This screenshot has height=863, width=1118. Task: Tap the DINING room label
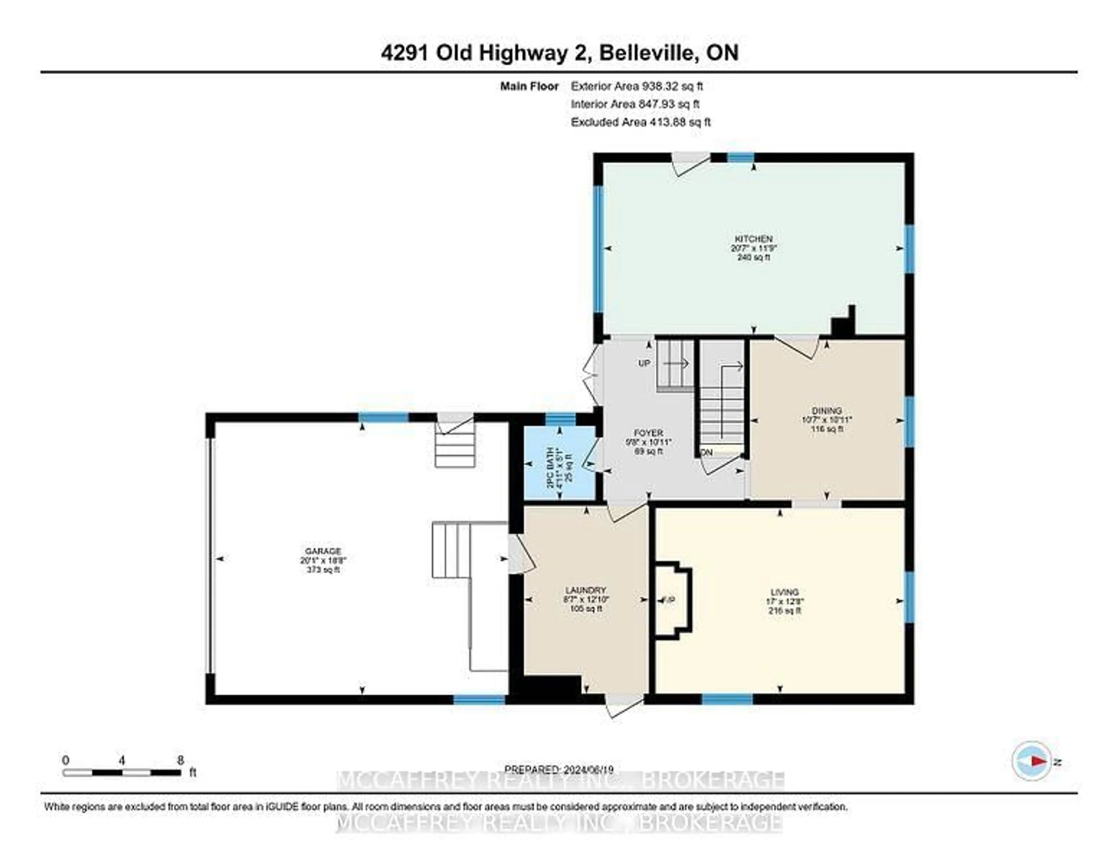pyautogui.click(x=827, y=410)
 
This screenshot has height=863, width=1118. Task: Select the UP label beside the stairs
pyautogui.click(x=644, y=364)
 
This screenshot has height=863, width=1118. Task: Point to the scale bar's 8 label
pyautogui.click(x=180, y=761)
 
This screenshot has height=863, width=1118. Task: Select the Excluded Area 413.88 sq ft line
pyautogui.click(x=641, y=122)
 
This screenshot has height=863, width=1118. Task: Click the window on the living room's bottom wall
pyautogui.click(x=727, y=699)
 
